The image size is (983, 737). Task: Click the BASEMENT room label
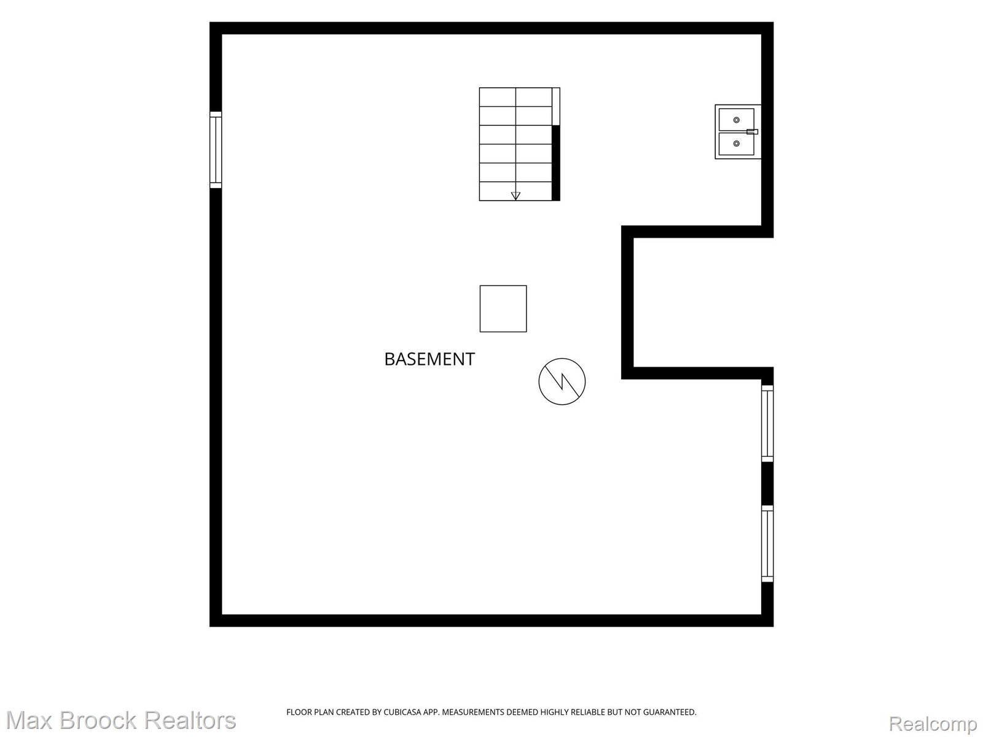point(429,359)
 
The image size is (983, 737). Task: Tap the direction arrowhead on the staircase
point(515,195)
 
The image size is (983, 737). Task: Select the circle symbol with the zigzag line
point(562,381)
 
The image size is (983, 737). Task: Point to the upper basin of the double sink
point(736,120)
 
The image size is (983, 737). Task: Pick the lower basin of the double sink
point(736,144)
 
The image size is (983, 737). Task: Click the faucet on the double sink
point(753,131)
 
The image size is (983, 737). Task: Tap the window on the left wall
point(216,149)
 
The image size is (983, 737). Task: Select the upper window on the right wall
point(767,423)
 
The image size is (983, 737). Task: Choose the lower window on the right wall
point(767,544)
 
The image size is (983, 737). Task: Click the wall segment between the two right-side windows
point(767,483)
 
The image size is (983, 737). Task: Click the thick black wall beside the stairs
point(556,163)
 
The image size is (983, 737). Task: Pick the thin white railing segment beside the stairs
point(556,106)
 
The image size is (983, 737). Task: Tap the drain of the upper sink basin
point(736,120)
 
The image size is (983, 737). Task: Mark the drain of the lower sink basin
point(736,143)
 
